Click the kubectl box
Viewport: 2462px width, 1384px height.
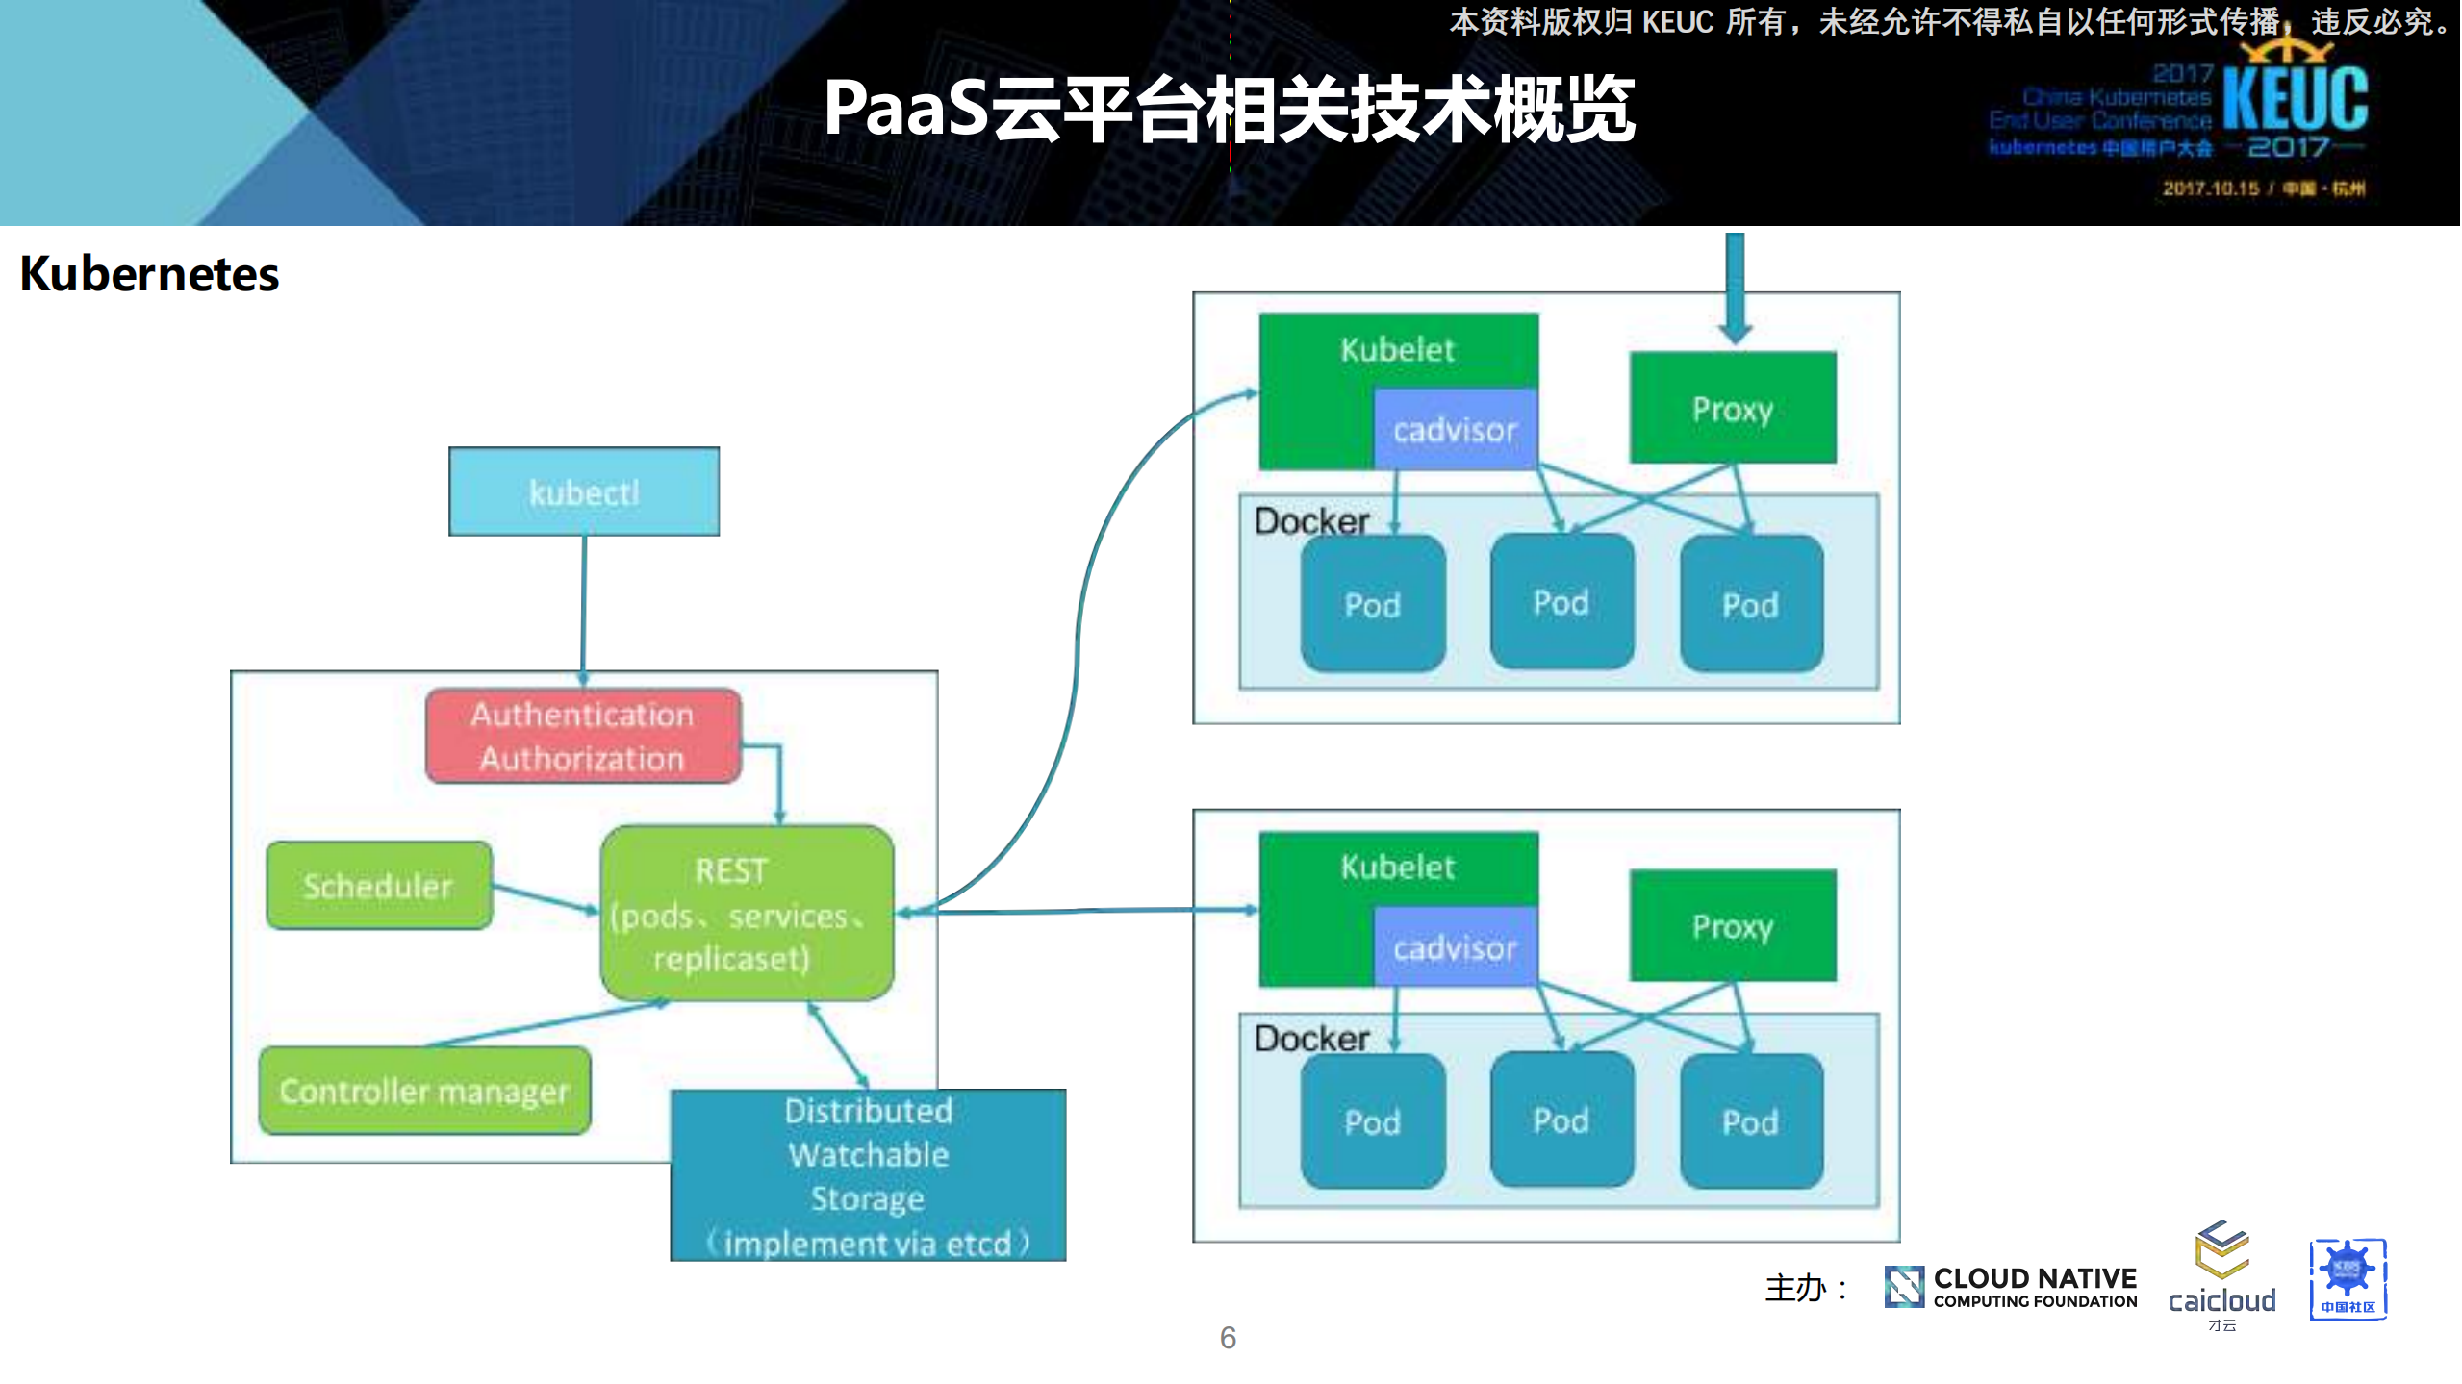(584, 491)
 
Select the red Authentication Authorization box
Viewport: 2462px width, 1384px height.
(583, 736)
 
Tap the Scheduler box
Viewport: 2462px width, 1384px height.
(378, 886)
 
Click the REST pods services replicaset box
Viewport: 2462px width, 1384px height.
(747, 913)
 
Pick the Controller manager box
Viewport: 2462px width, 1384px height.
(424, 1091)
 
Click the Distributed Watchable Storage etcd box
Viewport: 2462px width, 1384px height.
(868, 1175)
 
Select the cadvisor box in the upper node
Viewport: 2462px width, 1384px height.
(1455, 429)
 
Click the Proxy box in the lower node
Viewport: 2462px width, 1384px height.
(1733, 926)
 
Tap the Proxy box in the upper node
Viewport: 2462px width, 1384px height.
(1733, 409)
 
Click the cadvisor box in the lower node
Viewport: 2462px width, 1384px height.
(1455, 947)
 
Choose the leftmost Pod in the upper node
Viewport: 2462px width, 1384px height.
(1373, 604)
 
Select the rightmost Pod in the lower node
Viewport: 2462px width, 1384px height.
(1751, 1121)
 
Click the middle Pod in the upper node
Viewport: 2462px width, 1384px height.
(1561, 602)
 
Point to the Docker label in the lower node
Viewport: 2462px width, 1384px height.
(1311, 1039)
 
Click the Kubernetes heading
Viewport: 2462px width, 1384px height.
(149, 274)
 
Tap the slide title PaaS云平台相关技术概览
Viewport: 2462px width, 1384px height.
(1229, 109)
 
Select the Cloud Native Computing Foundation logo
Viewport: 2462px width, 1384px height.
(2011, 1287)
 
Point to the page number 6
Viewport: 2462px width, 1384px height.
(1228, 1337)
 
